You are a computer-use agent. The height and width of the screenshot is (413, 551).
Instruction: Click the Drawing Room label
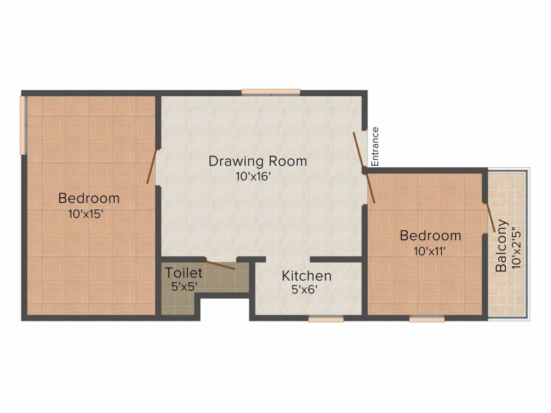pos(258,161)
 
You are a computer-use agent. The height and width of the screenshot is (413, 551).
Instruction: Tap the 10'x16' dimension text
pos(252,176)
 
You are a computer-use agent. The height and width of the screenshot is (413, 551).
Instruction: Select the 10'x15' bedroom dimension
pos(86,213)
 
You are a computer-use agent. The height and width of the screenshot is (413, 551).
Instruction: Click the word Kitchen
pos(307,276)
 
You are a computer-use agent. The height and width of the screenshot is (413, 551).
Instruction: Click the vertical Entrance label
pos(376,146)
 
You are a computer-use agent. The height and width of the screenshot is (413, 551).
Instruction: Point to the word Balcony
pos(501,245)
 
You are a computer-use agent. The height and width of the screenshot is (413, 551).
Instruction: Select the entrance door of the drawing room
pos(359,149)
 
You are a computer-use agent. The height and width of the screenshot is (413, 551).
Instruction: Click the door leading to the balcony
pos(490,217)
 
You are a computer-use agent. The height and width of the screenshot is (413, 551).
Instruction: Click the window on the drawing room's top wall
pos(270,92)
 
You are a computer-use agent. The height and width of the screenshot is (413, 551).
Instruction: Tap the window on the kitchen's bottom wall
pos(326,319)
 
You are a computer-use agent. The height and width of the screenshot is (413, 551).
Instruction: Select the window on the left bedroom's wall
pos(23,125)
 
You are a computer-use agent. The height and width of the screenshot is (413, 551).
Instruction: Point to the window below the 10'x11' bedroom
pos(427,319)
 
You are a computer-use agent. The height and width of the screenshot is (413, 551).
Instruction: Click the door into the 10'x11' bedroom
pos(370,188)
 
